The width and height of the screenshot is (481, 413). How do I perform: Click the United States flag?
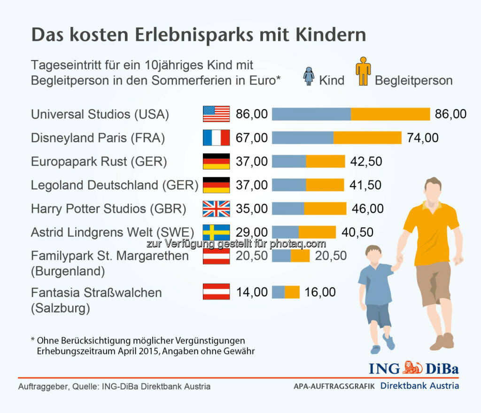pos(216,114)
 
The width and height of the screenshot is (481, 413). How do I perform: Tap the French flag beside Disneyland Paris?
pos(216,138)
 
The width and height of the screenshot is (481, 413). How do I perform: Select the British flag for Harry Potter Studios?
pos(216,209)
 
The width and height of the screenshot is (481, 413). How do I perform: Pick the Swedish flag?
pos(216,232)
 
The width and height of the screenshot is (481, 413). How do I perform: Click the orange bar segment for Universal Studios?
pos(390,114)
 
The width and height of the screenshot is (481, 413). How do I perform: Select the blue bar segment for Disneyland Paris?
pos(303,138)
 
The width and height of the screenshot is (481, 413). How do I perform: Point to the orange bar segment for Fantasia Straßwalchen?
pos(292,292)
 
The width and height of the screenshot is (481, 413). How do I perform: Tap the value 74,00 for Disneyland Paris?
pos(422,138)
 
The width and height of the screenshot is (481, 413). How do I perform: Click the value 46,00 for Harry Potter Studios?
pos(367,209)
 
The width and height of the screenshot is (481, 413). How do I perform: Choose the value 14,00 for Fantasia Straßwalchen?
pos(252,292)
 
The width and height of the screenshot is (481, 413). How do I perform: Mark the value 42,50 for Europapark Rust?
pos(366,161)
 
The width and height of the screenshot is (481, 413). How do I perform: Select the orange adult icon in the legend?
pos(363,71)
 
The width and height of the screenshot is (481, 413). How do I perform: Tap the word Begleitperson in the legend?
pos(413,80)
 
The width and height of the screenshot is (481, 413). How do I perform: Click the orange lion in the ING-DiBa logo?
pos(412,367)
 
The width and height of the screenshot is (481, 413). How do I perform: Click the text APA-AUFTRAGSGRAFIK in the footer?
pos(334,387)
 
